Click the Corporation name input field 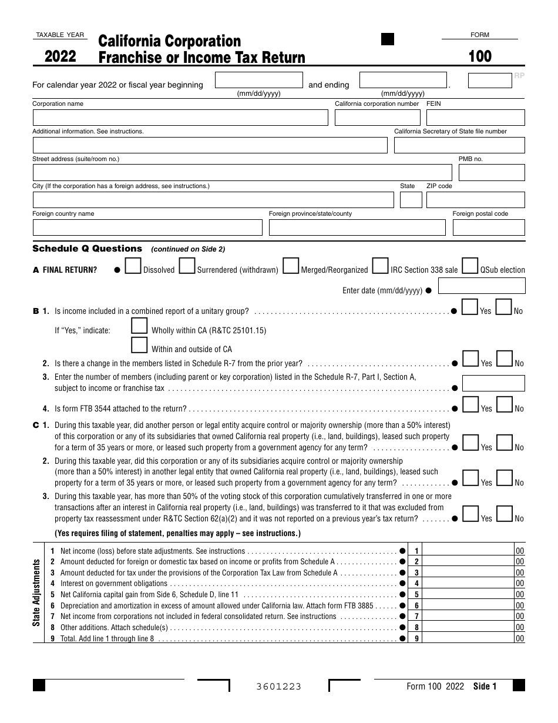tap(180, 118)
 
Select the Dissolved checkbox tap(133, 266)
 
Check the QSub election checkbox tap(469, 266)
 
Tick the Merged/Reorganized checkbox tap(290, 266)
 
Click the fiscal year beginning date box tap(258, 80)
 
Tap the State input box tap(411, 200)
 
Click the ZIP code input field tap(475, 200)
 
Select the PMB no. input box tap(491, 173)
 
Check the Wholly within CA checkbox tap(139, 326)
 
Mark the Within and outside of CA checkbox tap(139, 345)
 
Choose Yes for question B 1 tap(470, 307)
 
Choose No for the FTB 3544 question tap(505, 405)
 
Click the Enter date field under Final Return tap(482, 286)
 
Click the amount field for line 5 tap(468, 594)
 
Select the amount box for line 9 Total tap(468, 638)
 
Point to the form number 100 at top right tap(480, 56)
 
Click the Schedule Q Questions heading tap(88, 249)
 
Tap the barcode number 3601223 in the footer tap(278, 687)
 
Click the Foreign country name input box tap(147, 227)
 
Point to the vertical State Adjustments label tap(36, 593)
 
